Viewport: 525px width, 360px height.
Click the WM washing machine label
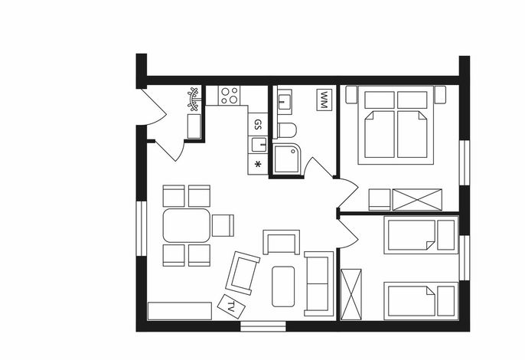point(324,100)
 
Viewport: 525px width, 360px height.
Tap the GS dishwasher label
point(257,124)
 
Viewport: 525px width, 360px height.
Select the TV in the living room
point(231,306)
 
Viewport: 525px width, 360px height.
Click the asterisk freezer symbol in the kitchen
point(257,164)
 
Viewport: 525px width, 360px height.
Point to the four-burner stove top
point(229,96)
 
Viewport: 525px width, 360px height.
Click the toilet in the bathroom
point(286,130)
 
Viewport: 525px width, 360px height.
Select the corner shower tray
point(286,159)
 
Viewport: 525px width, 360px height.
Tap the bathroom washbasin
point(285,102)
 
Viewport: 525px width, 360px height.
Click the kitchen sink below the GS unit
point(259,145)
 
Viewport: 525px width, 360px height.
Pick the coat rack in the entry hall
point(193,99)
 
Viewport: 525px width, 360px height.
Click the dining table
point(187,225)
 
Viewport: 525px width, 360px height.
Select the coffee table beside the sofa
point(283,286)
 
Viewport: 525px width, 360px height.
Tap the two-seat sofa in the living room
point(318,283)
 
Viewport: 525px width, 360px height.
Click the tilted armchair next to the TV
point(243,273)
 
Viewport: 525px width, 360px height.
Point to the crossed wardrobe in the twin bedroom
point(351,294)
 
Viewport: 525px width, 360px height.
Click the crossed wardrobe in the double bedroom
point(417,200)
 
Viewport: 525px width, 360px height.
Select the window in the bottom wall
point(263,326)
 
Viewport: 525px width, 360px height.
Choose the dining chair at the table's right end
point(223,225)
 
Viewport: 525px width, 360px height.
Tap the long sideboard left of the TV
point(179,311)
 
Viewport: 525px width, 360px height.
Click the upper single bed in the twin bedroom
point(421,235)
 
